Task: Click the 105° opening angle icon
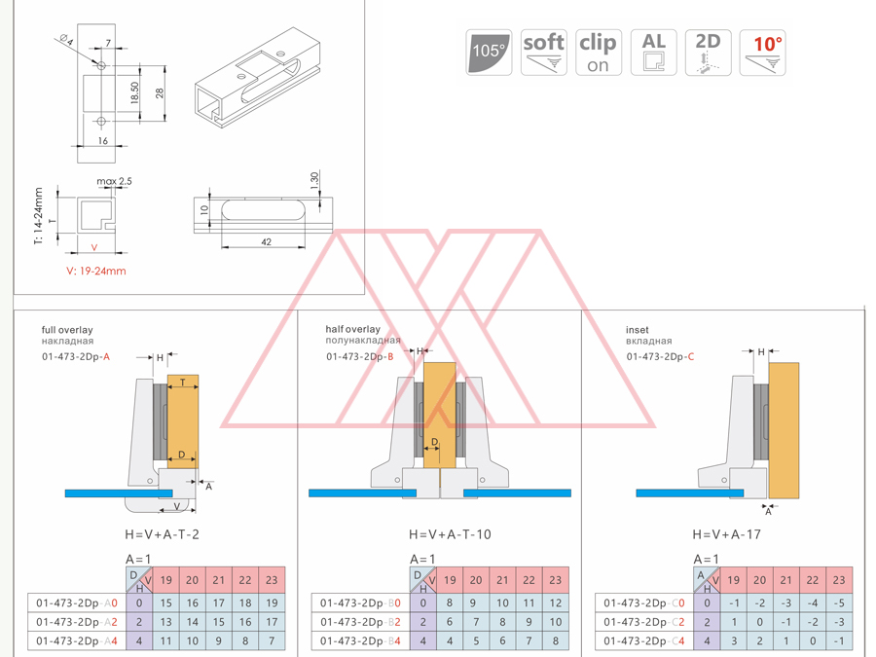click(x=489, y=53)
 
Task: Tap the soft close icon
click(x=543, y=53)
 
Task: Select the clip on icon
click(x=598, y=53)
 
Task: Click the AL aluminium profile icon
click(x=653, y=53)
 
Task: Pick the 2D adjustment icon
click(x=708, y=53)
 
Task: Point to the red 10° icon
click(x=763, y=53)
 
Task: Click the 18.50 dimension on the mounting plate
click(x=135, y=92)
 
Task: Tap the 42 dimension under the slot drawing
click(x=267, y=242)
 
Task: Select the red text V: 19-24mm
click(x=96, y=271)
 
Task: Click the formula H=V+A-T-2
click(x=162, y=534)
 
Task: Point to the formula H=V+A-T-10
click(x=449, y=534)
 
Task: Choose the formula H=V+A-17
click(x=726, y=534)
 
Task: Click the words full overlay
click(x=67, y=330)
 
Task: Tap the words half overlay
click(x=353, y=329)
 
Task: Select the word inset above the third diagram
click(x=637, y=330)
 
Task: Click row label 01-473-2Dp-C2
click(x=643, y=622)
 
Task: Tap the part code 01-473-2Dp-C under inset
click(x=660, y=356)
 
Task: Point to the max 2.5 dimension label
click(x=114, y=181)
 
